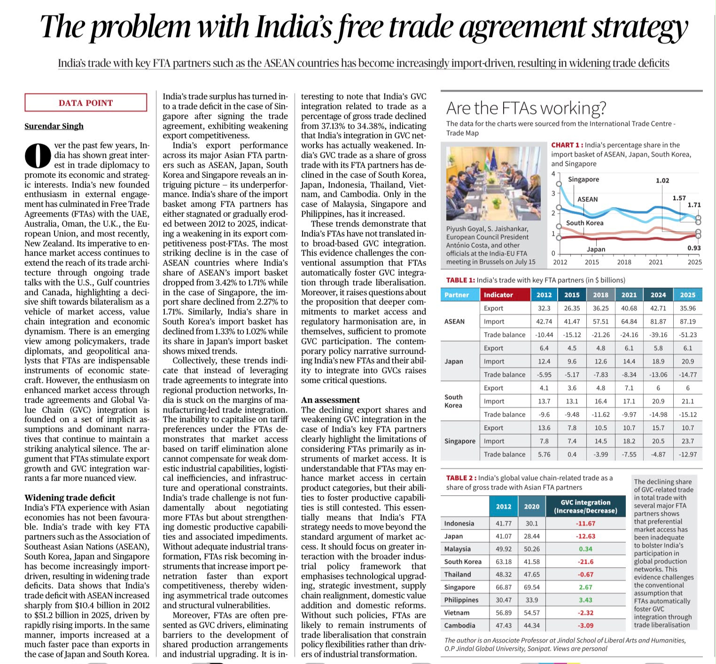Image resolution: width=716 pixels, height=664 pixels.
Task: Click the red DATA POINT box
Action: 86,103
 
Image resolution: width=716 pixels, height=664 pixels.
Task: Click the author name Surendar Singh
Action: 54,126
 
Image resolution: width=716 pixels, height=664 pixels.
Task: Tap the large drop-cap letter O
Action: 37,155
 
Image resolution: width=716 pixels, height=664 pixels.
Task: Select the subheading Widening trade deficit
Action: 70,498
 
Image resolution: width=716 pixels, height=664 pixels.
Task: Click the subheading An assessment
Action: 330,400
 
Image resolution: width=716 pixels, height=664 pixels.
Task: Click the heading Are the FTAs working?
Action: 526,108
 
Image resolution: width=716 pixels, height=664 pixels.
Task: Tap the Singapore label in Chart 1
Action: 584,180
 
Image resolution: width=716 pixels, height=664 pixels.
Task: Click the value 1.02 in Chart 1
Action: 662,180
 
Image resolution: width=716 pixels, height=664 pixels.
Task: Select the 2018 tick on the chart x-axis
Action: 624,262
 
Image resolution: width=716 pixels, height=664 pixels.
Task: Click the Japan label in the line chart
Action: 596,249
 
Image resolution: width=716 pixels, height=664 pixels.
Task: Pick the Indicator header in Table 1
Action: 498,295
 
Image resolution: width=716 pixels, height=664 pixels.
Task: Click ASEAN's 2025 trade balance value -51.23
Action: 688,335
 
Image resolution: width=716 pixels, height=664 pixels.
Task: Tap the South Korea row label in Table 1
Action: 453,401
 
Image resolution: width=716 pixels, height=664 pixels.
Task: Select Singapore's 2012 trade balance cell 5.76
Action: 544,454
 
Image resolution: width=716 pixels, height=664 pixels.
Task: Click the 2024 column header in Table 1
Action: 658,295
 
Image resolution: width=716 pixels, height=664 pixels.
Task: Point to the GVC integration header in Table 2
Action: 585,507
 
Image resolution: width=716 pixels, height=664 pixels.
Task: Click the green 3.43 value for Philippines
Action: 585,600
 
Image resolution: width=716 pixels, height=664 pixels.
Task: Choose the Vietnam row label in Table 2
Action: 457,613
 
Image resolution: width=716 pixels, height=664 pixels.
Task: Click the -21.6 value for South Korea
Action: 585,562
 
